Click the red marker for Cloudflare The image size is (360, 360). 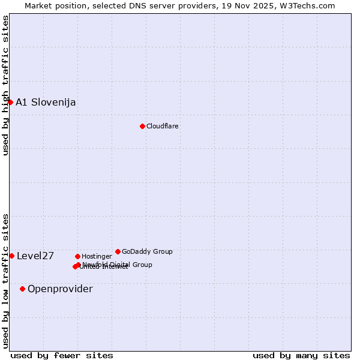click(x=142, y=126)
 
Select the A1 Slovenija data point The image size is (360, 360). click(x=10, y=102)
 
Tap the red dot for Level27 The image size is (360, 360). click(x=11, y=256)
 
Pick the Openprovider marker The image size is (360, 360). click(x=22, y=289)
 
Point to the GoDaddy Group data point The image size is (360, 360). click(x=118, y=251)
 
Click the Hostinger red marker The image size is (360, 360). click(x=77, y=256)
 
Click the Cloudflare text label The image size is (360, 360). click(x=162, y=126)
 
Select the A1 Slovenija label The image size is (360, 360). click(x=46, y=102)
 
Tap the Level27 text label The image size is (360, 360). click(x=35, y=256)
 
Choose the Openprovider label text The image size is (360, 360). click(x=60, y=289)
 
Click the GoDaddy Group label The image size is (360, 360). click(x=147, y=251)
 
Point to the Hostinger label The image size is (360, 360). click(x=97, y=256)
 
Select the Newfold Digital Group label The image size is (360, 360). click(x=118, y=264)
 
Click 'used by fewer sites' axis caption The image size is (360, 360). click(x=62, y=355)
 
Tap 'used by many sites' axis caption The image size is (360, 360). click(x=301, y=355)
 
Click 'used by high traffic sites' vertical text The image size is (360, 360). click(x=5, y=85)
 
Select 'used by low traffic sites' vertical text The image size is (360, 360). click(x=5, y=280)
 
